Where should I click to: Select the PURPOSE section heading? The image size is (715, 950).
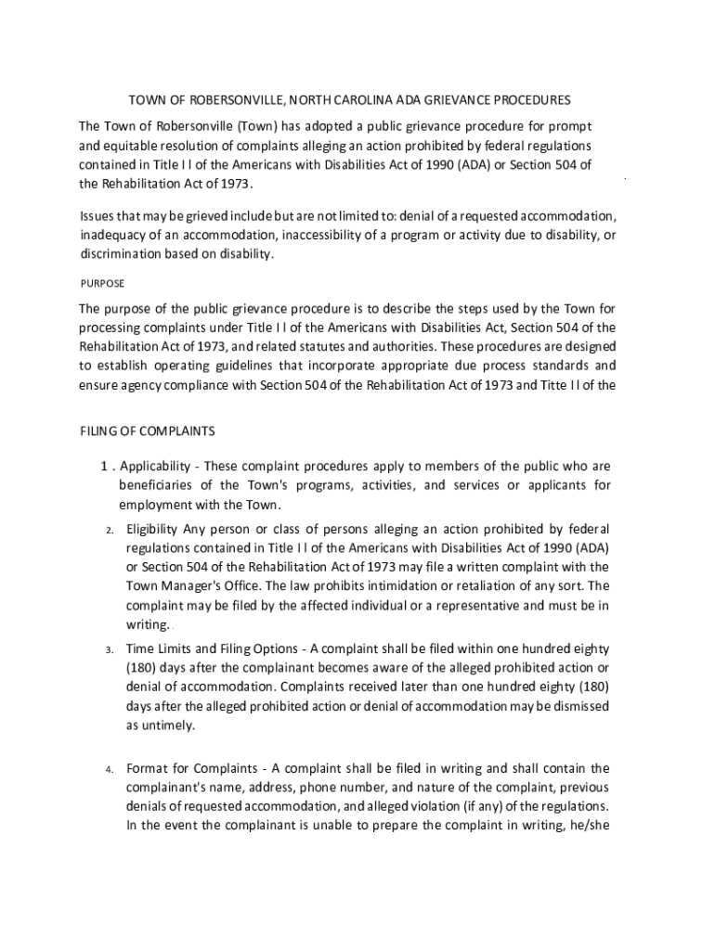[102, 283]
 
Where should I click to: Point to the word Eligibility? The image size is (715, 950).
[152, 529]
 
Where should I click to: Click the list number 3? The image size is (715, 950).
[109, 648]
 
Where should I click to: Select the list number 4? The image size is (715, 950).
[109, 769]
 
